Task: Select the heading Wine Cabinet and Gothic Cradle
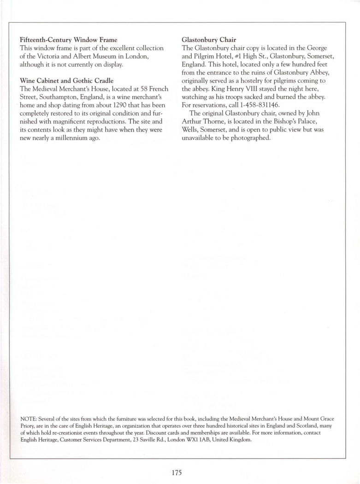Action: pyautogui.click(x=66, y=81)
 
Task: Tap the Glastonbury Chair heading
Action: pyautogui.click(x=209, y=40)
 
